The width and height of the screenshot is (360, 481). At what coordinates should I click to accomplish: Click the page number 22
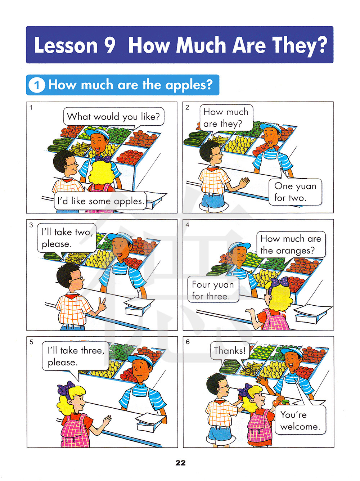(180, 463)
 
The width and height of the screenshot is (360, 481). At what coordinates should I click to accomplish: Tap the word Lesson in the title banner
(66, 45)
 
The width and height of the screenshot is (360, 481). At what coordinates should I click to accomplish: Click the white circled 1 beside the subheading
(37, 85)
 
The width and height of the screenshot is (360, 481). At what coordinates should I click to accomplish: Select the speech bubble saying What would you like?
(113, 117)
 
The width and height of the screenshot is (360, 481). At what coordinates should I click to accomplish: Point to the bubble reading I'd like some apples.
(100, 201)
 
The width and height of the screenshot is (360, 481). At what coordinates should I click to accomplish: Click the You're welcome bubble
(300, 420)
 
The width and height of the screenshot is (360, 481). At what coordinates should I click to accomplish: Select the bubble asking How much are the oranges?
(291, 244)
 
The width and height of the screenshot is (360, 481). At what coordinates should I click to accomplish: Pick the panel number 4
(187, 225)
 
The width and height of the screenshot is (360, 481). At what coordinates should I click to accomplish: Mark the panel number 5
(31, 342)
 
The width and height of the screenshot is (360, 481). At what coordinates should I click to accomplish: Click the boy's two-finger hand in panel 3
(102, 304)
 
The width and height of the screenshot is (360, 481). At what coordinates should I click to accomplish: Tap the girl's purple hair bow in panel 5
(66, 389)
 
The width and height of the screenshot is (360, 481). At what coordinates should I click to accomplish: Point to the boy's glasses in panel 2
(217, 154)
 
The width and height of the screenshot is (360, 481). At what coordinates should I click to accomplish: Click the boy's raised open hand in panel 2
(244, 182)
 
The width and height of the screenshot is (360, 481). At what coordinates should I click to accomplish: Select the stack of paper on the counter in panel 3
(139, 306)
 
